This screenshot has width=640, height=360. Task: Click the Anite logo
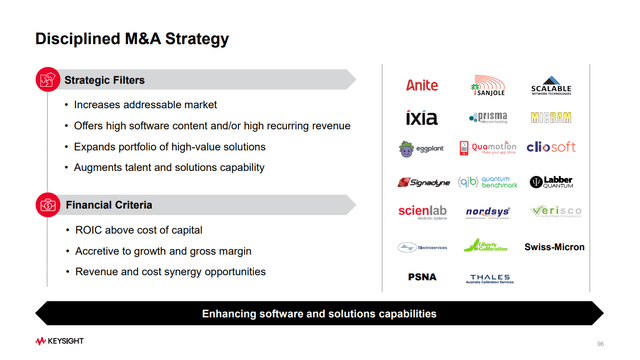(422, 86)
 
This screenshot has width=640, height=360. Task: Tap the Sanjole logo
(488, 86)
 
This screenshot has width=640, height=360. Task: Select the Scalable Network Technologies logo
(551, 86)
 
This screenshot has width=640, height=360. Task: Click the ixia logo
(422, 118)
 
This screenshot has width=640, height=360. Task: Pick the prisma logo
(488, 118)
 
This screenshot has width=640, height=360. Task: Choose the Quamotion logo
(487, 149)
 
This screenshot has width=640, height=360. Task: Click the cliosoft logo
(551, 149)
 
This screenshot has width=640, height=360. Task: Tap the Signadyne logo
(422, 182)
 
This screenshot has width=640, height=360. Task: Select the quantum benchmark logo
(488, 182)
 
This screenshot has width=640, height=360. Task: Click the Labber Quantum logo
(551, 182)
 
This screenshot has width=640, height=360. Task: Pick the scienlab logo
(422, 213)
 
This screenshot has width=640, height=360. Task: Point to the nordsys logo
(488, 213)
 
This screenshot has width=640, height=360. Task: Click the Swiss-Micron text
(554, 247)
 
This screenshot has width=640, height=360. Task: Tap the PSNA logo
(422, 276)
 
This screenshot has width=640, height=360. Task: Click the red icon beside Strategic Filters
(46, 80)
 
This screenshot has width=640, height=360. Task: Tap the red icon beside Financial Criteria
(46, 205)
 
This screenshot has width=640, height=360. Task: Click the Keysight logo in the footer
(59, 341)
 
